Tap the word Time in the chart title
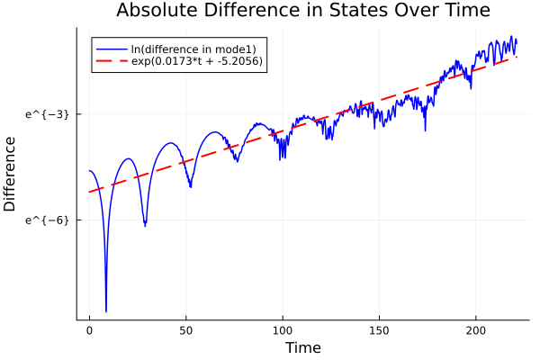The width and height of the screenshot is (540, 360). coord(462,11)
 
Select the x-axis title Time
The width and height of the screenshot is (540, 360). coord(302,347)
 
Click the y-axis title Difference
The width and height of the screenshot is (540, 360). coord(11,174)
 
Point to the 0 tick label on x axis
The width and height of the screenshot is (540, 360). coord(89,330)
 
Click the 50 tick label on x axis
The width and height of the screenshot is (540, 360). coord(186,330)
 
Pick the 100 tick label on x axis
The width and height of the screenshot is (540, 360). coord(283,330)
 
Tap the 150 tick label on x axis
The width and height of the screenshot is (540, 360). coord(379,330)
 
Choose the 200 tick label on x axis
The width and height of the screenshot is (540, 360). coord(476,330)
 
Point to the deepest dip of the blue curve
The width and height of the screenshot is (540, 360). coord(106,311)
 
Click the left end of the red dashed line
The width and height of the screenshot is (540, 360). coord(90,192)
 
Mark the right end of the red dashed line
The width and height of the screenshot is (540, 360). coord(517,57)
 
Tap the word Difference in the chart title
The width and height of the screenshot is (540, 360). coord(281,11)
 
